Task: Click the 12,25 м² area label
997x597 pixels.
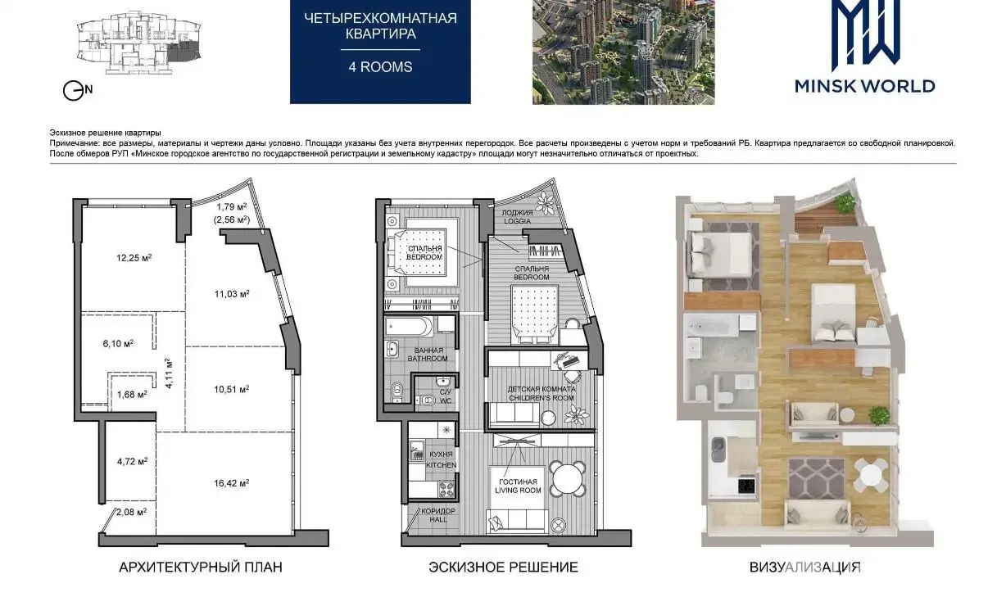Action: click(134, 258)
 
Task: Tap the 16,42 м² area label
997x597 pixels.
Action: click(232, 483)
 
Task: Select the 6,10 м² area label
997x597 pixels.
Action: click(118, 344)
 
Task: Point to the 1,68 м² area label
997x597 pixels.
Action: click(132, 395)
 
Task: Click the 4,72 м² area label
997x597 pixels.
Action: click(132, 462)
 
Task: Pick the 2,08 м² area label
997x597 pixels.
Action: click(132, 512)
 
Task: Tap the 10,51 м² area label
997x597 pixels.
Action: click(232, 390)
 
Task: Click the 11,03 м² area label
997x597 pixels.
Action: click(232, 294)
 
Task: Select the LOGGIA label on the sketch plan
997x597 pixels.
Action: click(517, 221)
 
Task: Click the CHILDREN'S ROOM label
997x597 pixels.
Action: click(542, 398)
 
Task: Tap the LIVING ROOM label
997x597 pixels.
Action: click(518, 491)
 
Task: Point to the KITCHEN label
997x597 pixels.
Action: click(441, 465)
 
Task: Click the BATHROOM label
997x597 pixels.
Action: click(428, 359)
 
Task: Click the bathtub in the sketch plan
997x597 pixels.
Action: click(409, 327)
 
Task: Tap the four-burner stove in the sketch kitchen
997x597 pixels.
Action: click(446, 490)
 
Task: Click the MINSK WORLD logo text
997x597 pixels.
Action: click(865, 86)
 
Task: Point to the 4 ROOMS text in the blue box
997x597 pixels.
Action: click(381, 67)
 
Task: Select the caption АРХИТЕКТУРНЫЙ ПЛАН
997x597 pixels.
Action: click(201, 568)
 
